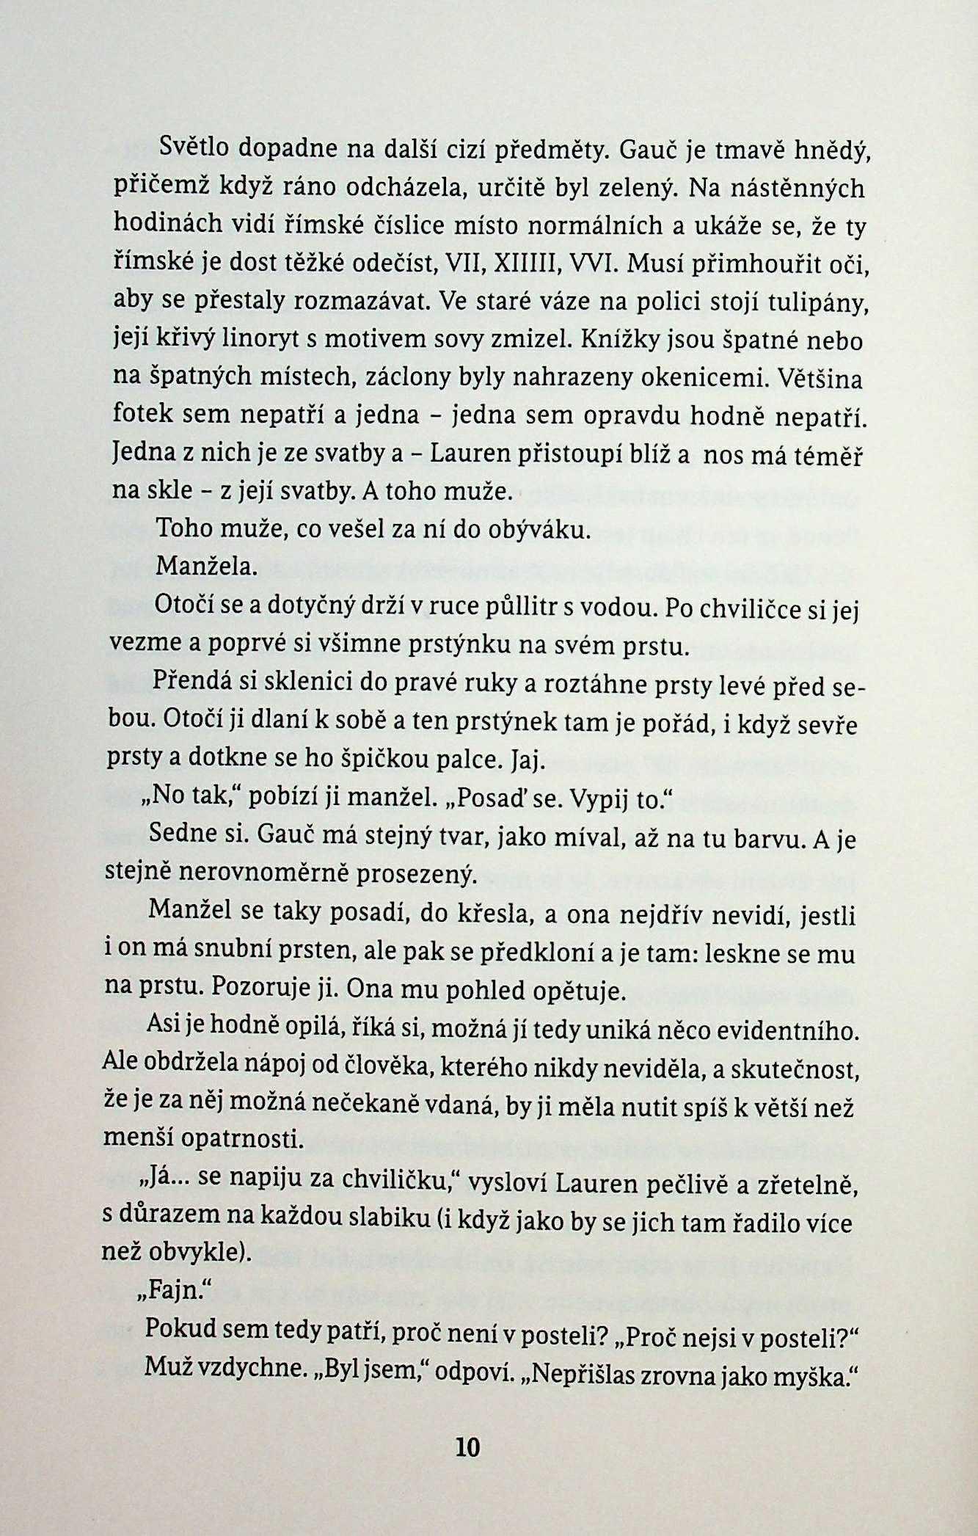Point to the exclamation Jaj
coord(527,761)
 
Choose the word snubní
coord(238,953)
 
